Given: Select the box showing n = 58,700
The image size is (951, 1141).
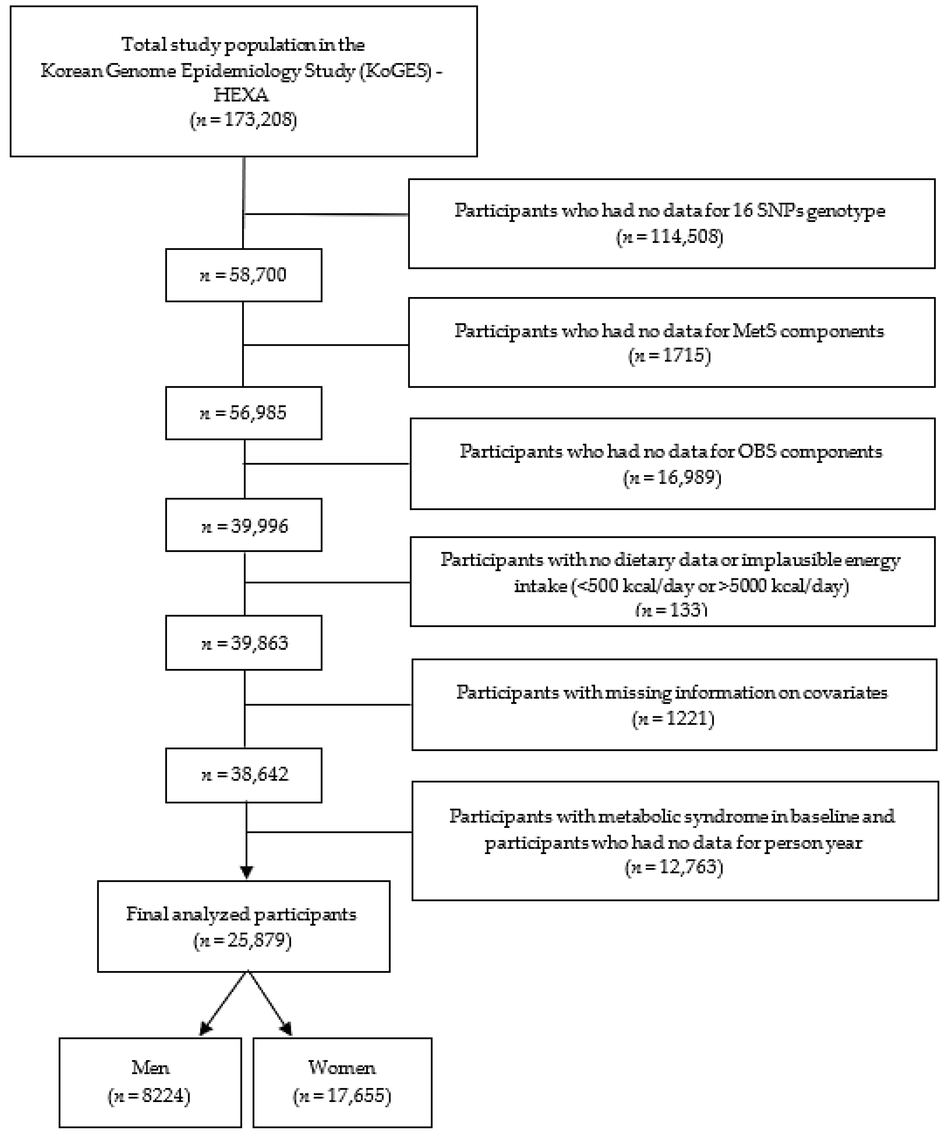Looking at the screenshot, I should click(244, 275).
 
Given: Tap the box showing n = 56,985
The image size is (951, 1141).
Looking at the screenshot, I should click(244, 413).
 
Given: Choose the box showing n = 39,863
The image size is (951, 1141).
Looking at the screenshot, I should click(244, 643).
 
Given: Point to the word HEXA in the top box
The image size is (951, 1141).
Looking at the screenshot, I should click(241, 95).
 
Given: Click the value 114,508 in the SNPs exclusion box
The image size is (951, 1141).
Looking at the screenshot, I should click(685, 237).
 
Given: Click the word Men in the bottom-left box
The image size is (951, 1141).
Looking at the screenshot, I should click(150, 1067).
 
